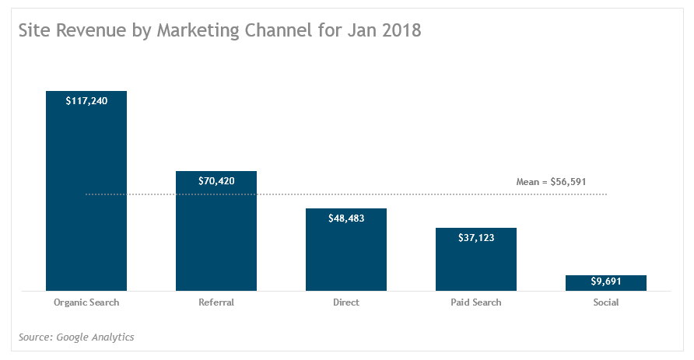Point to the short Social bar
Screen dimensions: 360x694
[x=606, y=283]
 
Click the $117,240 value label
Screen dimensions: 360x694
[x=86, y=100]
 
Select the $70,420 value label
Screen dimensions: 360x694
[x=216, y=181]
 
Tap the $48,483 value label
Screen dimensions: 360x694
[x=346, y=218]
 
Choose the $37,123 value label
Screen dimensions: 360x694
[x=476, y=238]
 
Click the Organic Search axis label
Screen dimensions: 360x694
[x=86, y=302]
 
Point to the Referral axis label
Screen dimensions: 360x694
[x=216, y=302]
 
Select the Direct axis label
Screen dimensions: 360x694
[x=346, y=302]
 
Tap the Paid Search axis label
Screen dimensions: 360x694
[x=476, y=302]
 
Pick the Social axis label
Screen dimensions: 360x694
[x=606, y=302]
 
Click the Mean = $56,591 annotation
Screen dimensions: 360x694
[x=551, y=182]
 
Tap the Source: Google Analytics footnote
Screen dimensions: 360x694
[x=76, y=337]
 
